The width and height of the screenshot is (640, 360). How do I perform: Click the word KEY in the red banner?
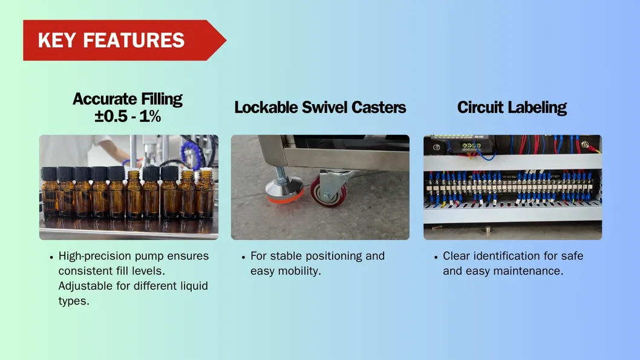pyautogui.click(x=57, y=41)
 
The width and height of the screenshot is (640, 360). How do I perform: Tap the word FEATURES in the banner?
pyautogui.click(x=134, y=41)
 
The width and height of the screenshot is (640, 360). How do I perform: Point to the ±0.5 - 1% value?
pyautogui.click(x=128, y=116)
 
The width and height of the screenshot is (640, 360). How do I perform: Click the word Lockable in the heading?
pyautogui.click(x=266, y=108)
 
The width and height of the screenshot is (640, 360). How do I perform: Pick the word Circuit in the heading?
pyautogui.click(x=480, y=108)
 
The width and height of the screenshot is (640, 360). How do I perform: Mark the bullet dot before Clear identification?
pyautogui.click(x=436, y=257)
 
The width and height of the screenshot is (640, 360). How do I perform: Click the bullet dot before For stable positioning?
pyautogui.click(x=244, y=257)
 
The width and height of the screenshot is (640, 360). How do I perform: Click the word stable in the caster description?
pyautogui.click(x=286, y=256)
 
